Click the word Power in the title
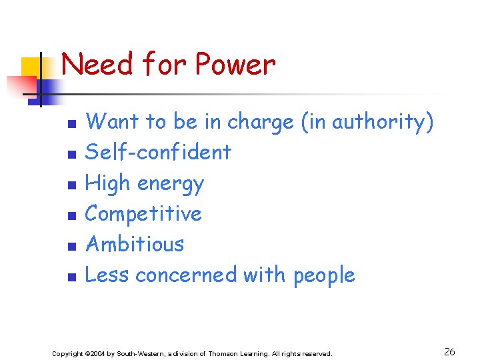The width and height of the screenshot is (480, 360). click(x=235, y=65)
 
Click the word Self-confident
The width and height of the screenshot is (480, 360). click(x=158, y=152)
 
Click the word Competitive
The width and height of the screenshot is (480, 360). click(x=144, y=213)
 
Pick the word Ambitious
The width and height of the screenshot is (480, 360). click(x=135, y=244)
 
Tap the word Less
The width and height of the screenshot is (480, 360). click(x=106, y=275)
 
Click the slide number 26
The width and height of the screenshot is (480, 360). click(x=449, y=351)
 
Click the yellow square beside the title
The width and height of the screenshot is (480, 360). click(x=32, y=67)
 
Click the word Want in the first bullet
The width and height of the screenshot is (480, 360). click(x=113, y=122)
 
